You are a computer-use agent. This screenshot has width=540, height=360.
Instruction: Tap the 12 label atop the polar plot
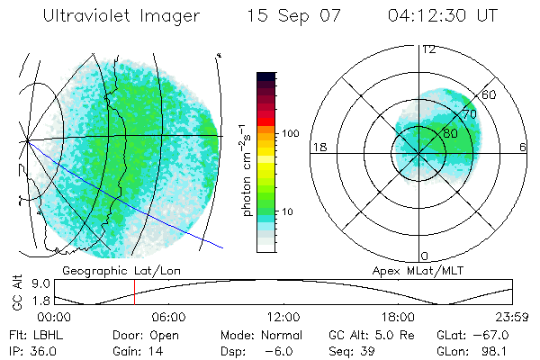[x=429, y=49]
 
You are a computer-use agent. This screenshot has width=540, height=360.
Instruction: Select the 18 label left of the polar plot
[x=318, y=148]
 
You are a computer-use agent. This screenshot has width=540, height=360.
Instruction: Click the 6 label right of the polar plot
[x=523, y=148]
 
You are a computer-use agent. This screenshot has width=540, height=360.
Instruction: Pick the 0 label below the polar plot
[x=425, y=256]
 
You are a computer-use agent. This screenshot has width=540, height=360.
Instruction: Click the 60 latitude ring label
[x=490, y=94]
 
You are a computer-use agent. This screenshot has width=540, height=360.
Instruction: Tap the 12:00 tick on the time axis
[x=283, y=317]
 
